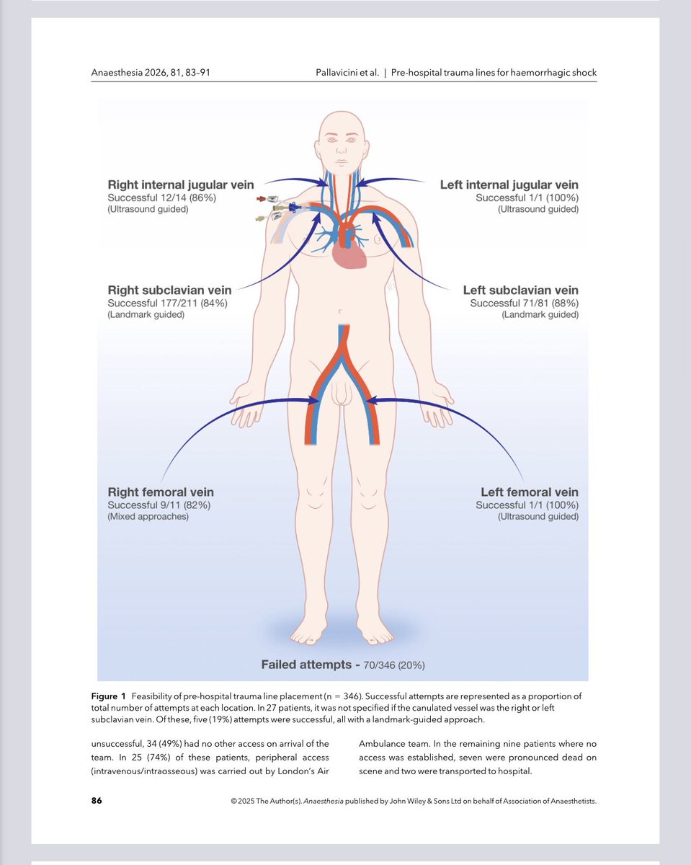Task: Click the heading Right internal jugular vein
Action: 181,185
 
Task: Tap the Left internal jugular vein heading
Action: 509,185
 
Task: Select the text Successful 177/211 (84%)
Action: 167,303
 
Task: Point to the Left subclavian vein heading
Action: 520,290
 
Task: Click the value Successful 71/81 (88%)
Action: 524,303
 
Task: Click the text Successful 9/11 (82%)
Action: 159,505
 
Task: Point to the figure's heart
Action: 351,253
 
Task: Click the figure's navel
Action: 340,312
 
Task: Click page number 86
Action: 97,800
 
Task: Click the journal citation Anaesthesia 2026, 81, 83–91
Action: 151,72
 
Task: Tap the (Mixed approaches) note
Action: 148,517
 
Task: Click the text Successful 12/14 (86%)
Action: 161,198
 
